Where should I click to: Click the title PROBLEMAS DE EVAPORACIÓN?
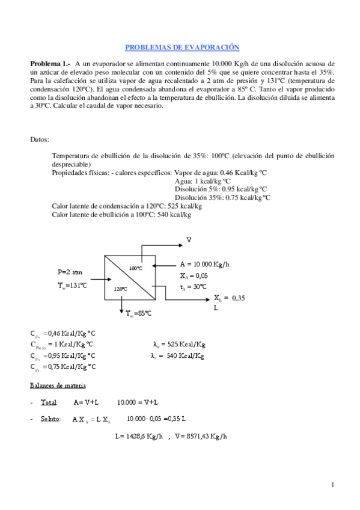coord(182,47)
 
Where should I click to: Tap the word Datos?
coord(40,140)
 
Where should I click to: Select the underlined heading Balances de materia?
coord(58,385)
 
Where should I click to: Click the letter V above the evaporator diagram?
coord(189,240)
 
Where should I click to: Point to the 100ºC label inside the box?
coord(135,267)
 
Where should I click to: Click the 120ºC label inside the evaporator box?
coord(120,289)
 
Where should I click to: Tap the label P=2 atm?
coord(71,271)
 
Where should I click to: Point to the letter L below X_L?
coord(216,308)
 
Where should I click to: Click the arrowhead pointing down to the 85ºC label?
coord(122,308)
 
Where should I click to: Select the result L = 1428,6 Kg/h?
coord(139,436)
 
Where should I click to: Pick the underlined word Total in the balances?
coord(48,402)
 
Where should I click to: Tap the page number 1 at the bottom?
coord(332,485)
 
